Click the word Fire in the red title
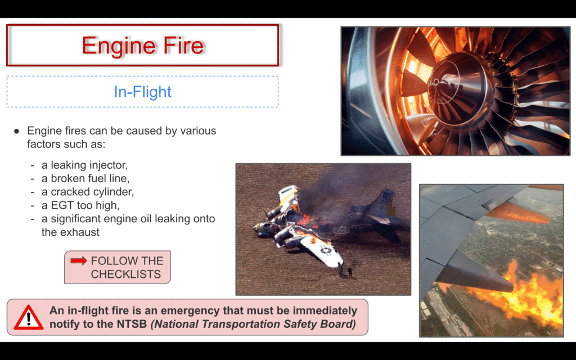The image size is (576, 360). pyautogui.click(x=183, y=45)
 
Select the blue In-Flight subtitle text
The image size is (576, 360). pyautogui.click(x=142, y=92)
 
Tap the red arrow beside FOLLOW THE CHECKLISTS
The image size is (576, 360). pyautogui.click(x=79, y=260)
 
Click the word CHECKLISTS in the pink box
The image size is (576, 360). pyautogui.click(x=125, y=274)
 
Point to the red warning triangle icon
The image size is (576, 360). pyautogui.click(x=29, y=318)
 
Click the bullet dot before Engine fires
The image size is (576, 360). pyautogui.click(x=16, y=131)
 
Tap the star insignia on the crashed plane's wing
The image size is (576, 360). pyautogui.click(x=326, y=250)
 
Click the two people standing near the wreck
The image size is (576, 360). pyautogui.click(x=345, y=271)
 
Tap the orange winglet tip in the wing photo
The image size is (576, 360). pyautogui.click(x=521, y=213)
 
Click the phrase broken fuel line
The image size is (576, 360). pyautogui.click(x=90, y=178)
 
